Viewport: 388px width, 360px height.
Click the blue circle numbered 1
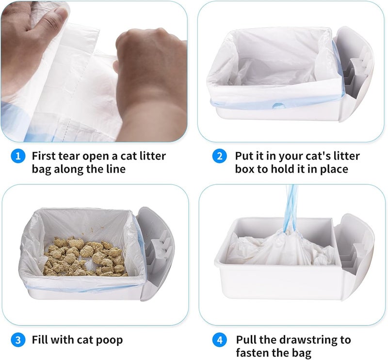pos(18,156)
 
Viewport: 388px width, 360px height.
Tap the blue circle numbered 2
pos(220,156)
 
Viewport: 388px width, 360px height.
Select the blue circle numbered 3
pos(18,340)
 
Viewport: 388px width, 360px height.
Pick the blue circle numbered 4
pos(220,340)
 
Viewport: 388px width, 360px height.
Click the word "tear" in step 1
pos(69,156)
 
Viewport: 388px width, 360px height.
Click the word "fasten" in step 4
pos(252,352)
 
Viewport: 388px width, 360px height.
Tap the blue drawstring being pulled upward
pos(291,208)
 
